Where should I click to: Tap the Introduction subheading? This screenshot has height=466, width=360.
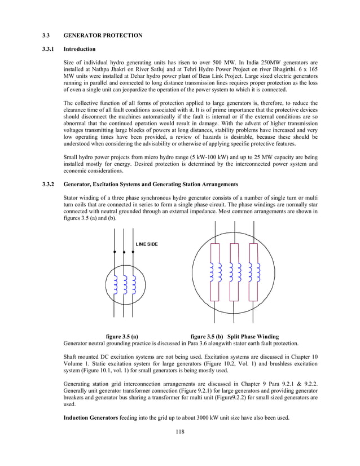[x=80, y=49]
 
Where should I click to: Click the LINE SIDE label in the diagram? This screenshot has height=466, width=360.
[x=147, y=244]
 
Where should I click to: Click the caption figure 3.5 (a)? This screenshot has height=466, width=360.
[x=122, y=336]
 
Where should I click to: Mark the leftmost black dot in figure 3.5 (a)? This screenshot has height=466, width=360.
[x=115, y=252]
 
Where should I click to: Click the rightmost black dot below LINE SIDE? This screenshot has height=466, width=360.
[x=133, y=252]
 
